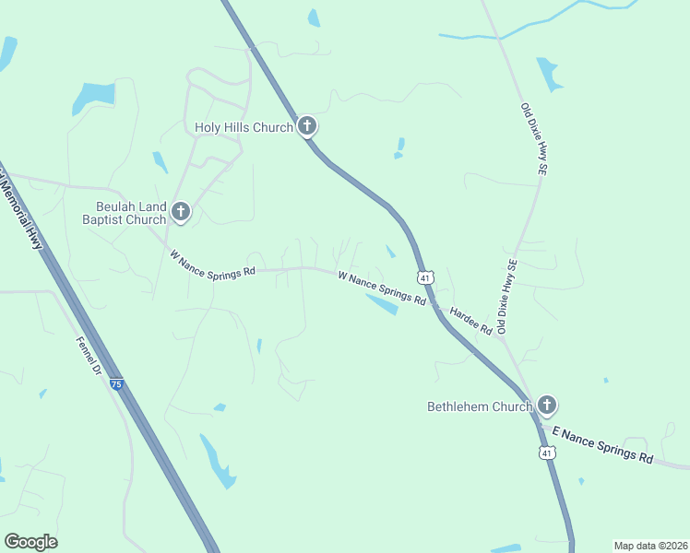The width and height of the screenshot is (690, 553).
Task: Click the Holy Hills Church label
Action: pos(244,127)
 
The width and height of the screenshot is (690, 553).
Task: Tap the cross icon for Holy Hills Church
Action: pos(307,127)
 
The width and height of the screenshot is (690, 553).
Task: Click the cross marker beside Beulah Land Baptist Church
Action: pos(181,213)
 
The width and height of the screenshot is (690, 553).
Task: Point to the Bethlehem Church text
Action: pos(480,406)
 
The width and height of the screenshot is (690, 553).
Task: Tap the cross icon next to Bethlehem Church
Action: pos(547,405)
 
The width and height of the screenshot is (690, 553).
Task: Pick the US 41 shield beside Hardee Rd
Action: pos(424,277)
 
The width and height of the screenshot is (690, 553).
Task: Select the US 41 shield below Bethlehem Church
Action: pos(547,453)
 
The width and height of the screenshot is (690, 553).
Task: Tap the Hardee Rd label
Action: pos(470,321)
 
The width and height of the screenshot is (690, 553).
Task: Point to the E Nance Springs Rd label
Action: pos(602,444)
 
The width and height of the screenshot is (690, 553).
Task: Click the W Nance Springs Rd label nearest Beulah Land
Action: pos(212,264)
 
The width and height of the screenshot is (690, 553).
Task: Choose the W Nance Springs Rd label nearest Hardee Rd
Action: pos(381,288)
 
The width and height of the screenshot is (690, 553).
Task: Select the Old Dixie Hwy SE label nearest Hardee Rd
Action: pos(507,296)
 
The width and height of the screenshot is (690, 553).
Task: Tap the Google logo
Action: pos(30,541)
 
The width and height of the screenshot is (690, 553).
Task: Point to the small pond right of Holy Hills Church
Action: pos(399,147)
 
